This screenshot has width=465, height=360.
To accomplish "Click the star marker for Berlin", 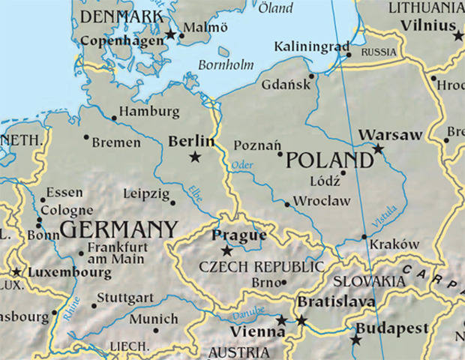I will [x=195, y=157].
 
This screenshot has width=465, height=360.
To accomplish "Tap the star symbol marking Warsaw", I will [x=379, y=149].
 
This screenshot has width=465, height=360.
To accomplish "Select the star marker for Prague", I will [x=226, y=250].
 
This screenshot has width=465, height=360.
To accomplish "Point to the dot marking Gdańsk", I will [x=311, y=75].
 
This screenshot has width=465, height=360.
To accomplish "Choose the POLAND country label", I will [x=329, y=160].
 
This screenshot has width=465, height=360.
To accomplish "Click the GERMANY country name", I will [x=118, y=229].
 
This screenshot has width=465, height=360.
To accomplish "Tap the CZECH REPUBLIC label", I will [x=261, y=267].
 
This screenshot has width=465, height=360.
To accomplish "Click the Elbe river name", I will [x=195, y=191].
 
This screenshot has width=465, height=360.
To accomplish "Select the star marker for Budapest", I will [x=355, y=340].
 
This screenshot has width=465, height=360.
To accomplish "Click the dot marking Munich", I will [x=156, y=329].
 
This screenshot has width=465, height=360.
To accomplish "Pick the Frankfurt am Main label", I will [x=116, y=253].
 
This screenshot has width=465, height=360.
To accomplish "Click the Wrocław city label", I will [x=321, y=201].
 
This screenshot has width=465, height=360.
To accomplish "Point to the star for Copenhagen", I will [x=170, y=34].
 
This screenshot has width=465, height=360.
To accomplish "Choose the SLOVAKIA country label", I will [x=368, y=280].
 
